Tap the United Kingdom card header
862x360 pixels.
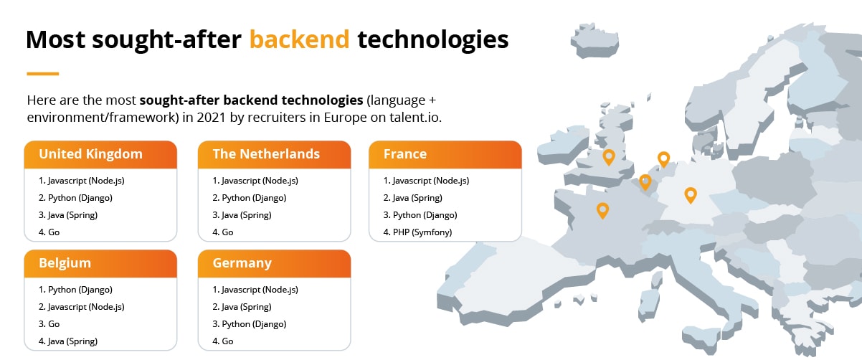point(100,154)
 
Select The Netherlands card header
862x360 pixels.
point(274,154)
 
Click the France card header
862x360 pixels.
point(445,154)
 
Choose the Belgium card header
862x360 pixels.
point(100,263)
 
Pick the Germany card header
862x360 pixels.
point(274,263)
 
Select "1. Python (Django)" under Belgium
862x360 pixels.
point(75,290)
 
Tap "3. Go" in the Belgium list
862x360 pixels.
point(49,324)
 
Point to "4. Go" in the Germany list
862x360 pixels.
point(223,341)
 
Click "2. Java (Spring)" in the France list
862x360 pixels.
point(412,198)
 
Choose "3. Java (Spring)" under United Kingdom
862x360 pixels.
point(67,215)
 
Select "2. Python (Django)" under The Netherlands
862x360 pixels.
point(250,198)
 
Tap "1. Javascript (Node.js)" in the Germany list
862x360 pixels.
point(255,290)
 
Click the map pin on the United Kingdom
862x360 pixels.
point(609,157)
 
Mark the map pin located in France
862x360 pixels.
point(602,209)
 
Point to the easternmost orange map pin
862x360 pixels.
point(690,194)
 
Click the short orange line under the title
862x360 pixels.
point(42,73)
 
